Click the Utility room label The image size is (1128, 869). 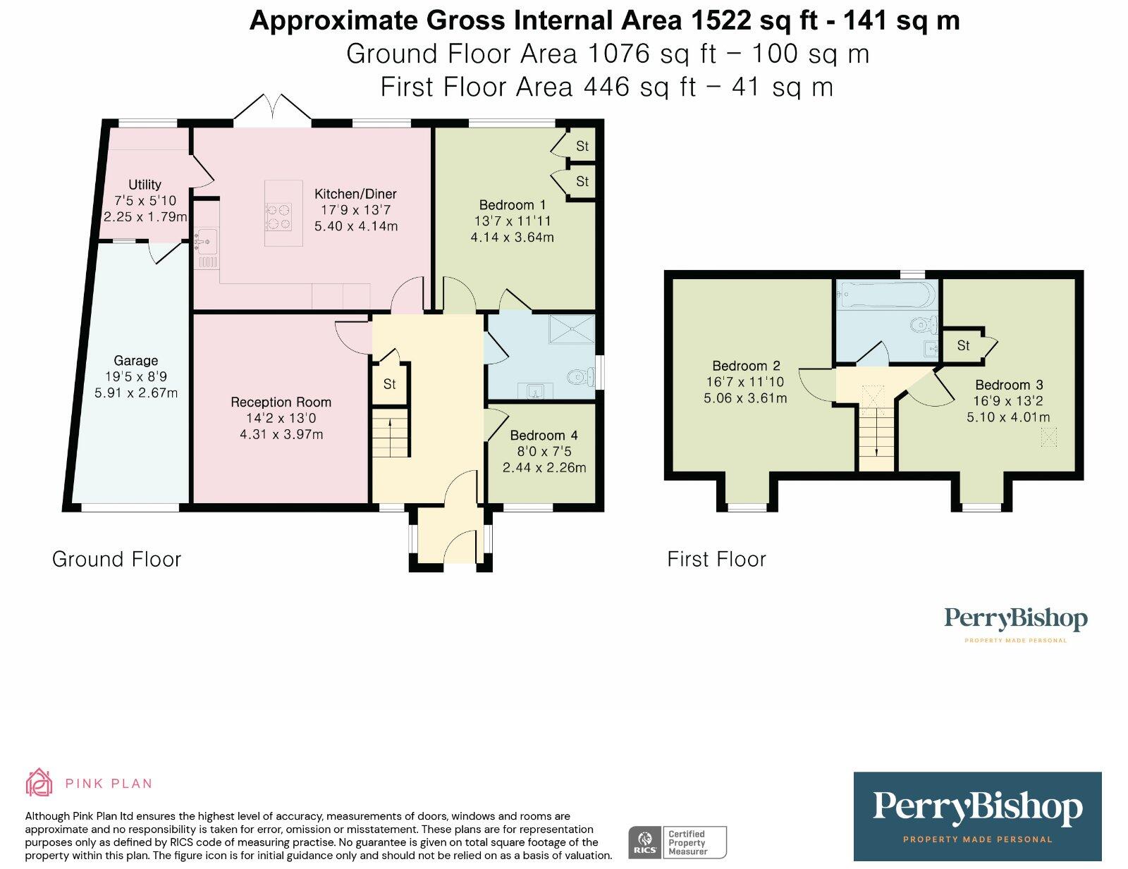(x=145, y=184)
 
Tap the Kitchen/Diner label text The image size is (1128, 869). (x=355, y=194)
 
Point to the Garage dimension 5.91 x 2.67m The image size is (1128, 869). (x=136, y=393)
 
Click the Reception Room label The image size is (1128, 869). (x=281, y=402)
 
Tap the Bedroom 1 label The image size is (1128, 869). (x=513, y=205)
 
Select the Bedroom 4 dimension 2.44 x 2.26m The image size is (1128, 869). (x=544, y=467)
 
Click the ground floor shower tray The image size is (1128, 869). (x=572, y=329)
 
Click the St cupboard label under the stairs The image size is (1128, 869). (x=389, y=384)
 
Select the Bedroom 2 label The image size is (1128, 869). (x=746, y=366)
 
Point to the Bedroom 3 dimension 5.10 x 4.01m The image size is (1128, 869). (x=1008, y=417)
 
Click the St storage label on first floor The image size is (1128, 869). (x=964, y=345)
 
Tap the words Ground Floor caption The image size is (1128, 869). (x=117, y=560)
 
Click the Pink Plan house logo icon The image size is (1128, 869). (x=39, y=782)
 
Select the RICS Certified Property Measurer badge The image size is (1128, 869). (x=678, y=842)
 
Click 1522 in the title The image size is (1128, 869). (x=721, y=20)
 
